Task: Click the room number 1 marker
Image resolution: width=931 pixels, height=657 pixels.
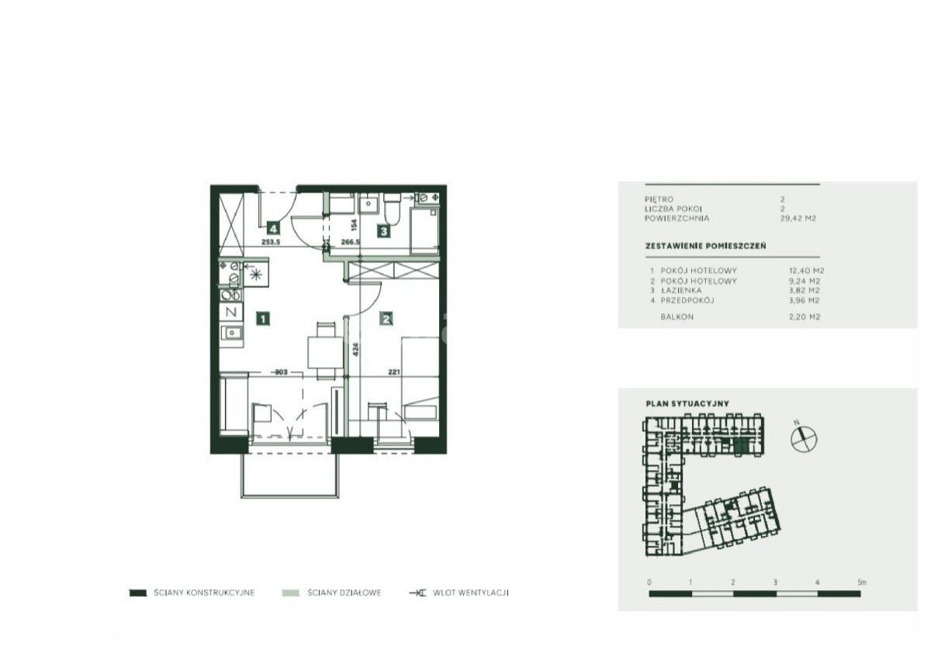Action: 263,319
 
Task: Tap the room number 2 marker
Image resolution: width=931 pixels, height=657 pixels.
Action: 386,319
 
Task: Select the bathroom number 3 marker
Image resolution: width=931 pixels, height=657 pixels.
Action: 383,231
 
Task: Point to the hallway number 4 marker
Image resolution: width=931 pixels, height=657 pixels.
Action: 273,228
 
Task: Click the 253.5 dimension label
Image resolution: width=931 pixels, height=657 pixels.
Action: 271,241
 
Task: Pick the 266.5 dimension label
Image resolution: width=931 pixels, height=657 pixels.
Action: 350,241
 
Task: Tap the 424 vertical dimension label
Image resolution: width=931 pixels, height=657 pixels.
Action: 355,350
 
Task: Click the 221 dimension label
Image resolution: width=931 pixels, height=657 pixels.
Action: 393,372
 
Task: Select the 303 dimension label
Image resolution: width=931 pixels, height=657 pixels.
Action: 281,372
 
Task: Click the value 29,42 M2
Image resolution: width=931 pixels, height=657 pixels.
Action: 798,219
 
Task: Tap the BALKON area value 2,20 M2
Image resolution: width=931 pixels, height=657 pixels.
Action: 805,317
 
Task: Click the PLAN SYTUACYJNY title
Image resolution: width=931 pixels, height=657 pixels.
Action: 687,403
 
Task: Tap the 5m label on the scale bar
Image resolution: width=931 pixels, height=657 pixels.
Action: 862,583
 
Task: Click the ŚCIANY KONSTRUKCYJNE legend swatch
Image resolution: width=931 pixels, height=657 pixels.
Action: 138,593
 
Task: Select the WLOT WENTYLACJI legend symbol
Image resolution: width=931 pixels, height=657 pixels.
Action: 418,593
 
